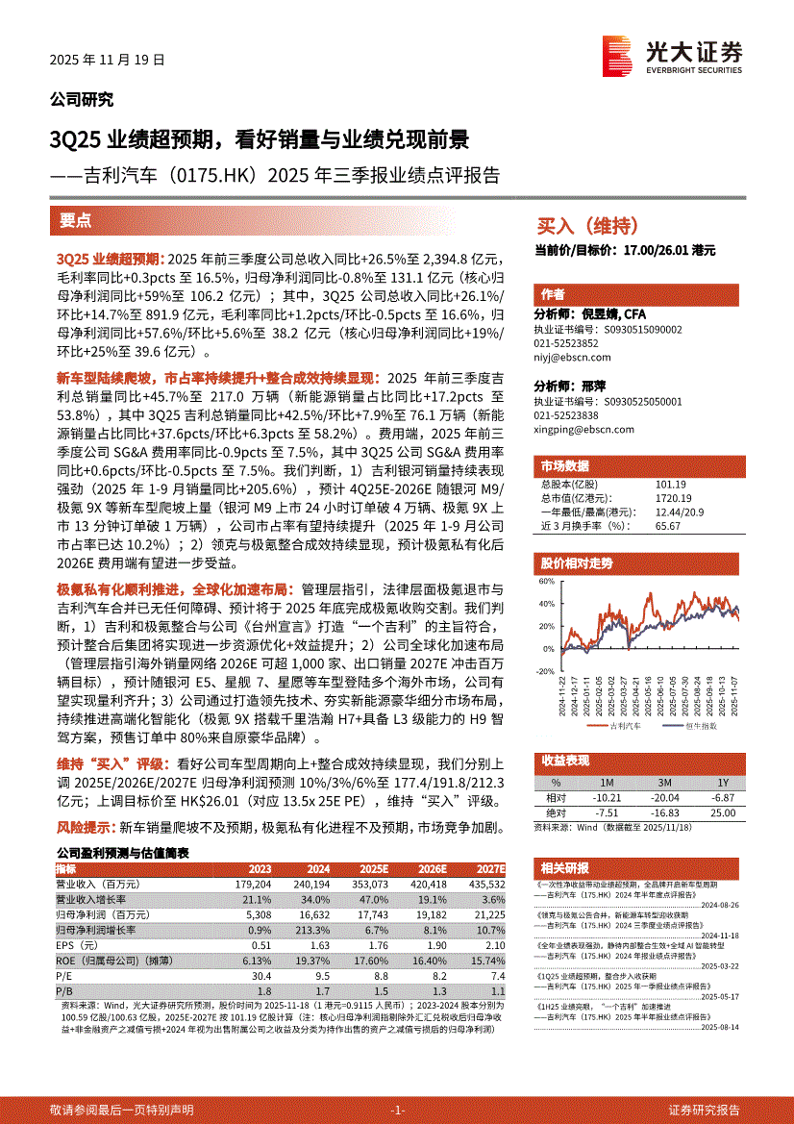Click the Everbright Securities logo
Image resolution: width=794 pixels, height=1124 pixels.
[x=672, y=54]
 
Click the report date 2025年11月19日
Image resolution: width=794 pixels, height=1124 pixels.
[x=107, y=59]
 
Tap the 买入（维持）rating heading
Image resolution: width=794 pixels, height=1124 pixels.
[x=586, y=227]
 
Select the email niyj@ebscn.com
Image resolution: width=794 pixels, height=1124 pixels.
[x=566, y=354]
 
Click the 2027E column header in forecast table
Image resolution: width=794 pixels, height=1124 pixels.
[x=488, y=868]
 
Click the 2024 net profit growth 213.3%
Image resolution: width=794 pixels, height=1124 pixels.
[x=313, y=930]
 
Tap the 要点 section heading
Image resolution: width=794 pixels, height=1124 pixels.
[x=76, y=220]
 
